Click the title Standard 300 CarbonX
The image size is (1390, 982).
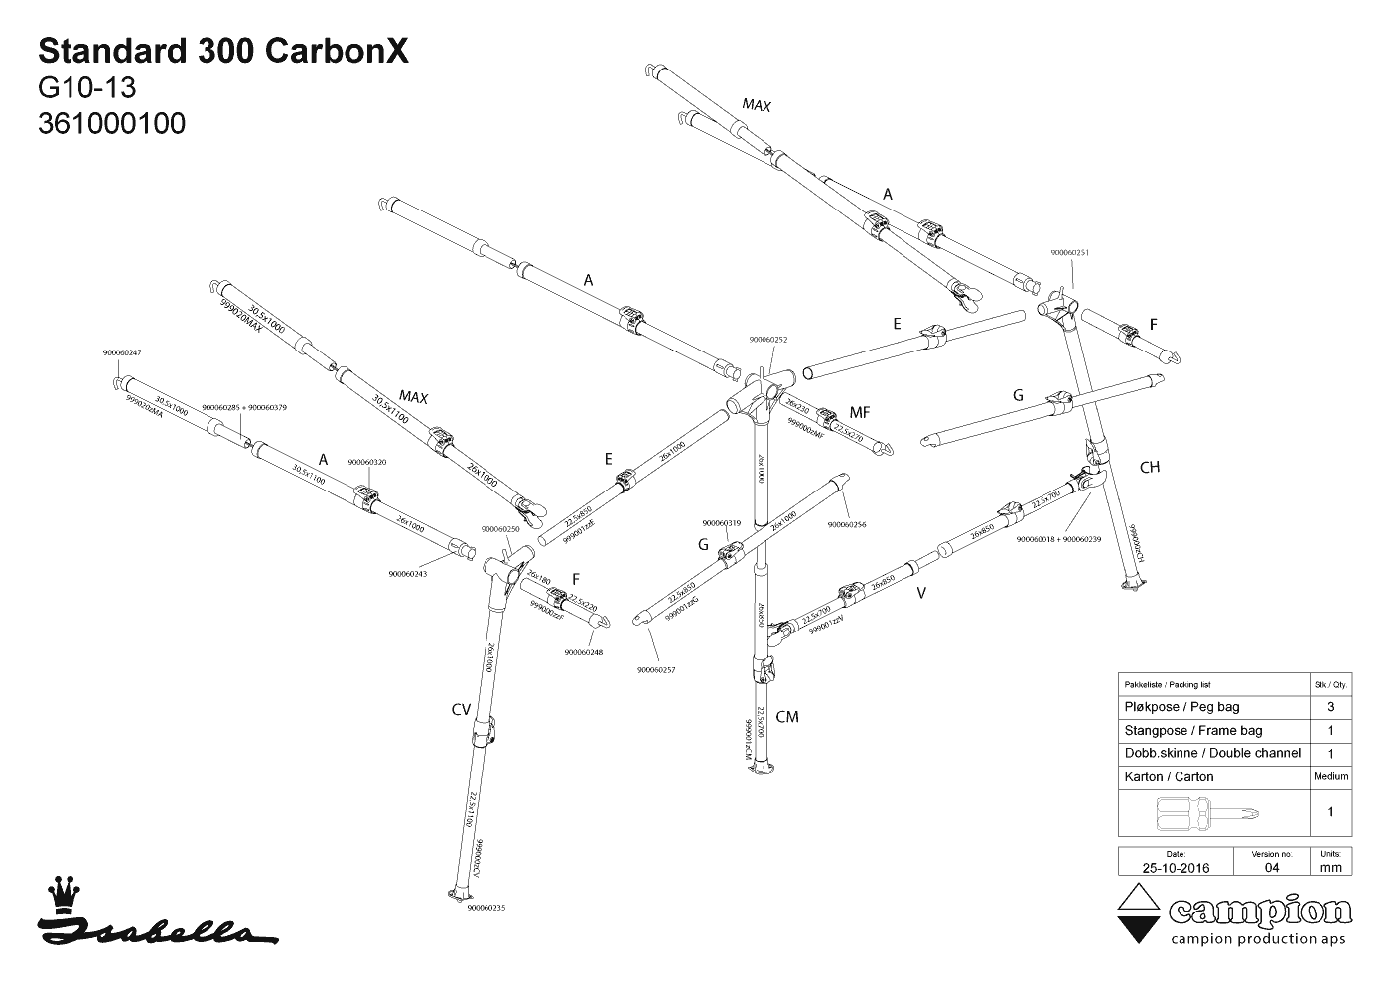pyautogui.click(x=222, y=52)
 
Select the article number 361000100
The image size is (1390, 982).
pyautogui.click(x=111, y=124)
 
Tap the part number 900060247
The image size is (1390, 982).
pyautogui.click(x=122, y=353)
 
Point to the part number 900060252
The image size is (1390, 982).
pyautogui.click(x=768, y=339)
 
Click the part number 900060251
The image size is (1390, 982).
pyautogui.click(x=1070, y=252)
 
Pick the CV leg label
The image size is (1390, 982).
pyautogui.click(x=461, y=709)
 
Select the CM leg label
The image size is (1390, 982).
pyautogui.click(x=786, y=717)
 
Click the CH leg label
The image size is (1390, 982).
pyautogui.click(x=1150, y=467)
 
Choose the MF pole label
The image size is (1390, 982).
pyautogui.click(x=860, y=412)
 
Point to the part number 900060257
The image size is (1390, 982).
pyautogui.click(x=656, y=670)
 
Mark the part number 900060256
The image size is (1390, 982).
pyautogui.click(x=846, y=524)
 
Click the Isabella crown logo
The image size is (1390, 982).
pyautogui.click(x=66, y=893)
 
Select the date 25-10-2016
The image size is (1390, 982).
pyautogui.click(x=1176, y=867)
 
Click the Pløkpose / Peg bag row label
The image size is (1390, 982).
pyautogui.click(x=1181, y=707)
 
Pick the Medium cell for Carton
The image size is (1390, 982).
pyautogui.click(x=1330, y=776)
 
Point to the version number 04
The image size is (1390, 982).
pyautogui.click(x=1272, y=867)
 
